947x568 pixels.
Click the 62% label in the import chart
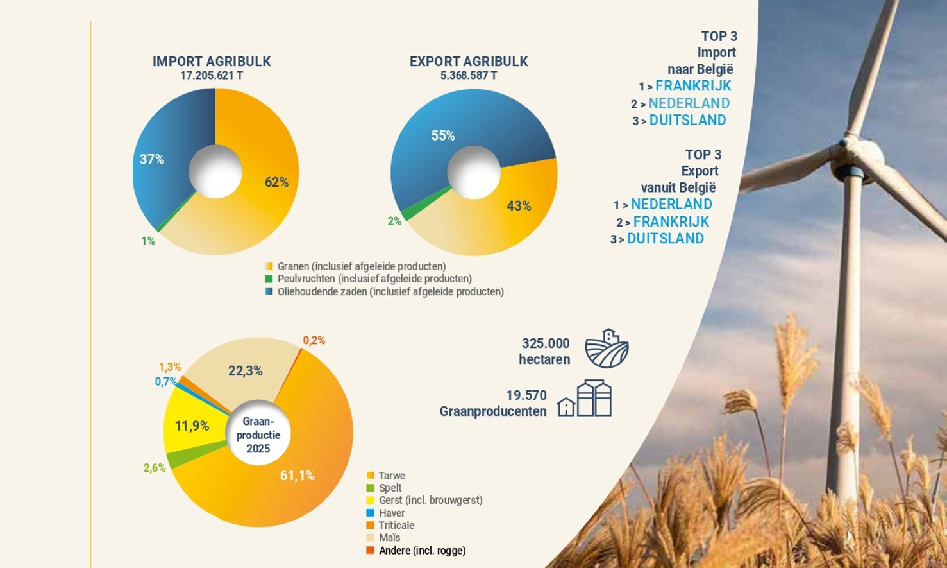[x=276, y=182]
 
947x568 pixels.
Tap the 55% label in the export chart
[x=443, y=135]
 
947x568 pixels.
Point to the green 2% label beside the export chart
[x=394, y=221]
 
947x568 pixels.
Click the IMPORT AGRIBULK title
[x=212, y=62]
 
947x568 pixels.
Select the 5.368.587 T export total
[x=469, y=76]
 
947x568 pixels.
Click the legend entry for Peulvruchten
[x=374, y=279]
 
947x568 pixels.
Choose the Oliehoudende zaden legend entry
[x=390, y=291]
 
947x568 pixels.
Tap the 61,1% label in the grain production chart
[x=298, y=476]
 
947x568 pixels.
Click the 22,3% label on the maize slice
[x=245, y=370]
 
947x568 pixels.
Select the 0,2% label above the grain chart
[x=314, y=340]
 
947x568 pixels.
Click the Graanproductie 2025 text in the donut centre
[x=258, y=435]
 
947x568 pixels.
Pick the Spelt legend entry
[x=390, y=488]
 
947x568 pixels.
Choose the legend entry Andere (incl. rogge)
[x=422, y=551]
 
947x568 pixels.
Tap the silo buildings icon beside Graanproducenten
[x=585, y=399]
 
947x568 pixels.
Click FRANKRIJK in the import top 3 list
[x=693, y=86]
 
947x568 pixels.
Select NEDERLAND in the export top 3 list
[x=671, y=204]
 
